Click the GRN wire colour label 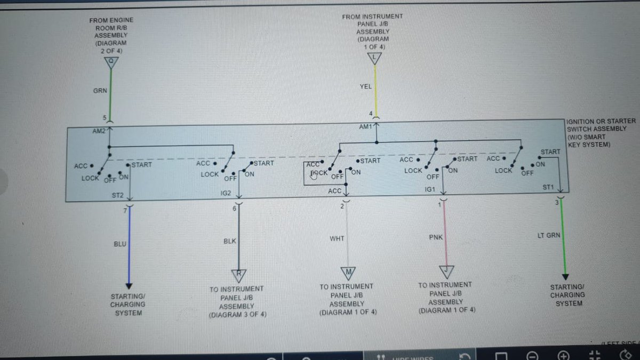pos(100,91)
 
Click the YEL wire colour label pos(366,86)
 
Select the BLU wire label pos(120,244)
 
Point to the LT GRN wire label pos(549,235)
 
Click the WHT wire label pos(337,238)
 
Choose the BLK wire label pos(229,241)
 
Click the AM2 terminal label pos(99,131)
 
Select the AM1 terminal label pos(365,127)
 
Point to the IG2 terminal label pos(226,193)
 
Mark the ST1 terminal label pos(548,187)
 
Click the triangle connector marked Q pos(111,63)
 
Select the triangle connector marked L pos(375,58)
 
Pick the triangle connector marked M pos(348,273)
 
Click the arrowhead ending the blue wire pos(129,285)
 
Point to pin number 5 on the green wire pos(105,118)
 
